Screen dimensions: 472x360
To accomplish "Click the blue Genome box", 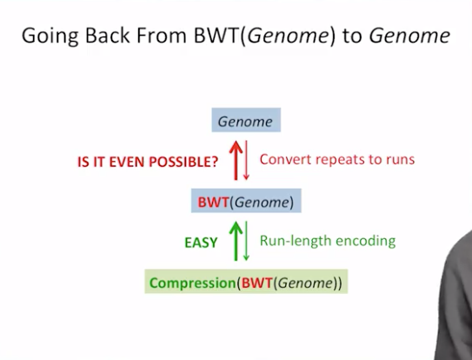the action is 246,120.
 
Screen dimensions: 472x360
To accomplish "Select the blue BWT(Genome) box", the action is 246,201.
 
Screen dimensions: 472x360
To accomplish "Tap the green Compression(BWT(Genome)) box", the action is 246,282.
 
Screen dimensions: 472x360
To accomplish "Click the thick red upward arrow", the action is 236,160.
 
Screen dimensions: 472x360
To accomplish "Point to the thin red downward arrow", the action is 246,160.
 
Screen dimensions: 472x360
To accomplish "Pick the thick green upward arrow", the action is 236,241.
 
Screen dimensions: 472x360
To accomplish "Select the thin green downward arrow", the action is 246,241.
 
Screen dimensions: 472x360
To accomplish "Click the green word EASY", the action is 201,243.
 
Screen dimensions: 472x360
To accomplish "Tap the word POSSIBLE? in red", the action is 183,162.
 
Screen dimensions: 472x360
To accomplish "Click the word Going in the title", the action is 50,37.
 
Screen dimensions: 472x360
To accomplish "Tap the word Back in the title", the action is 108,36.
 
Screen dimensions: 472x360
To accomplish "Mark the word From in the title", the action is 162,36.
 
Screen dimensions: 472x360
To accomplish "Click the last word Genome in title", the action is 409,37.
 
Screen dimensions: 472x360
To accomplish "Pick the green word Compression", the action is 193,283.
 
